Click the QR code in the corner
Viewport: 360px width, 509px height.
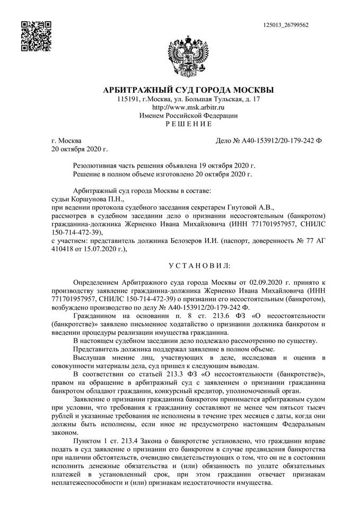click(36, 36)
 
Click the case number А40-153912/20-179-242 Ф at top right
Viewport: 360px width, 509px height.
click(274, 141)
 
